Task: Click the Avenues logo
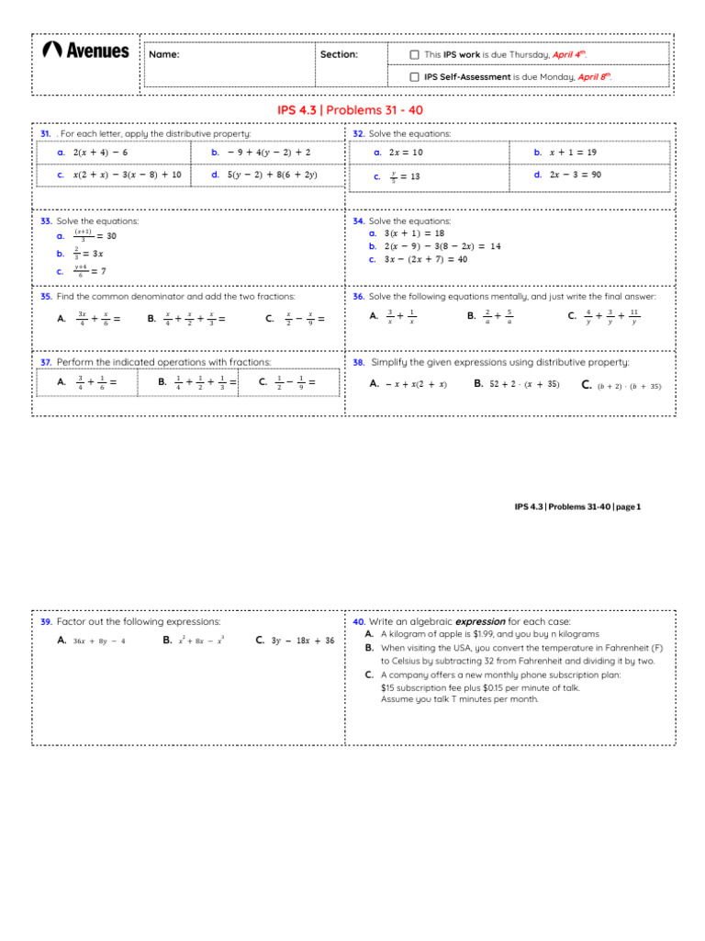(86, 51)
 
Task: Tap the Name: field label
(164, 54)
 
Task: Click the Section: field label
(339, 54)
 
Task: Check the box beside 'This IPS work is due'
(415, 54)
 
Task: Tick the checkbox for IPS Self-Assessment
(415, 77)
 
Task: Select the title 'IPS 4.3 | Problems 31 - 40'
(350, 110)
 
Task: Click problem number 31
(45, 134)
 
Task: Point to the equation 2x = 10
(406, 152)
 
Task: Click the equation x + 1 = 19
(573, 152)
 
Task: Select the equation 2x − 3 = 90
(576, 174)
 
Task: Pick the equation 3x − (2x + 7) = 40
(426, 259)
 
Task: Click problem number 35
(46, 297)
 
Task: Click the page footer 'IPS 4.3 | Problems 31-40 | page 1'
(577, 506)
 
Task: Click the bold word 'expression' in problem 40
(480, 621)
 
